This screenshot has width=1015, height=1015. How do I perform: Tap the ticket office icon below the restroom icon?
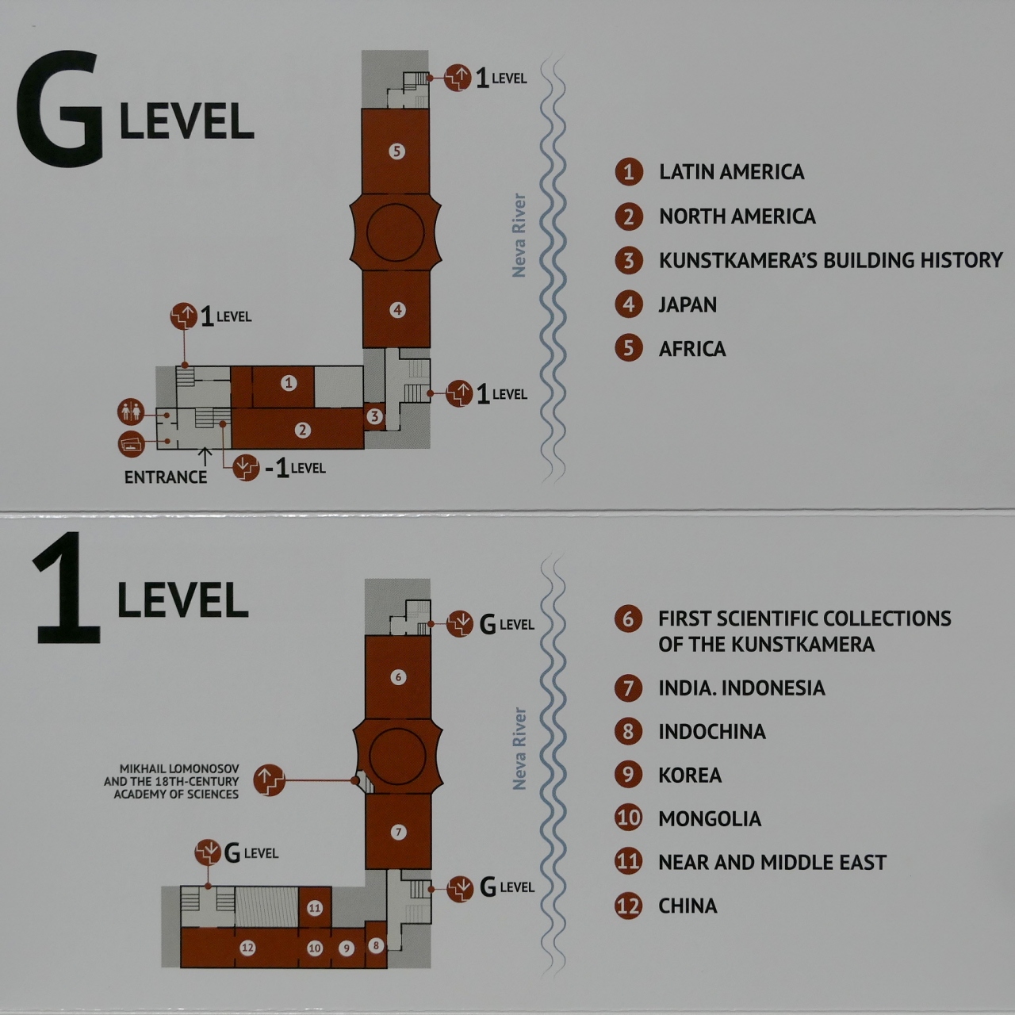[131, 443]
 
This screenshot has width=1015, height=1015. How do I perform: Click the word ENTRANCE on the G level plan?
[166, 477]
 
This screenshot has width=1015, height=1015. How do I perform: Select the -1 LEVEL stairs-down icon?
[246, 467]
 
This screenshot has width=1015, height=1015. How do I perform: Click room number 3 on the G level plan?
[374, 416]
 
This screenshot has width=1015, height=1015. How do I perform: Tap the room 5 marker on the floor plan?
[396, 151]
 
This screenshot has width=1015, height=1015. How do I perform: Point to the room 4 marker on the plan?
[397, 310]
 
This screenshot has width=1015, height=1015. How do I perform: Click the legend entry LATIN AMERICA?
[732, 172]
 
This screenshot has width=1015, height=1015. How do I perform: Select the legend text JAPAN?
[688, 304]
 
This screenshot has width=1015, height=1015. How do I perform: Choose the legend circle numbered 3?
[628, 260]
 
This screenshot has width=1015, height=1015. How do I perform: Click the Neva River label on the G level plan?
[519, 236]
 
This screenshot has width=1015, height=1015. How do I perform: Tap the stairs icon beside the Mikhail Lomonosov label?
[269, 780]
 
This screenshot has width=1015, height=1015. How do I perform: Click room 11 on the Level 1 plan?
[315, 908]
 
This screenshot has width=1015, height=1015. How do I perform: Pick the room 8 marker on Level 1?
[376, 945]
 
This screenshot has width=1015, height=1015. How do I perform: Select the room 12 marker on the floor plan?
[247, 948]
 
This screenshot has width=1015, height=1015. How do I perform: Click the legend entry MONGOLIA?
[710, 818]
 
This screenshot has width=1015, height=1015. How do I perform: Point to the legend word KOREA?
[690, 775]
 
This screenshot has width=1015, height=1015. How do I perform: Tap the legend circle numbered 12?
[628, 906]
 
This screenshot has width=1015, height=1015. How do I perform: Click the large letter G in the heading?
[59, 108]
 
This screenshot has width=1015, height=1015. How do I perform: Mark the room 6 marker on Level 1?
[398, 677]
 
